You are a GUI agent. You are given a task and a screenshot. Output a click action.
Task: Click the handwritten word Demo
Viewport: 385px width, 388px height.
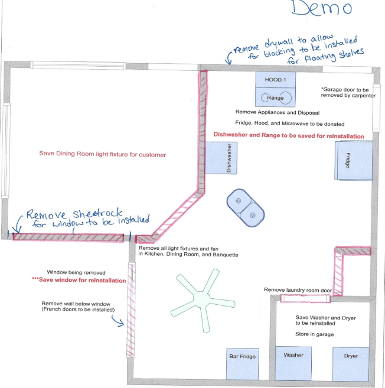(x=322, y=8)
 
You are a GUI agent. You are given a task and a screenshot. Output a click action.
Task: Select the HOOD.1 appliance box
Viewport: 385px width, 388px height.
(x=275, y=80)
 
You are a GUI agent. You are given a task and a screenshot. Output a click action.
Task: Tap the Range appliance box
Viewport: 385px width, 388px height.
(x=275, y=97)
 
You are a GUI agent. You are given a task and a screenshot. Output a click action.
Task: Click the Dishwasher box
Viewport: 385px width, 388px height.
(x=221, y=158)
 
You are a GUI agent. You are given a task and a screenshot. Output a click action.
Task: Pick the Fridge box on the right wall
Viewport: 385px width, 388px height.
(x=354, y=161)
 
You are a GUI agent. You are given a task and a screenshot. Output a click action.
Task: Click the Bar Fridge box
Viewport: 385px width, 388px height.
(x=243, y=364)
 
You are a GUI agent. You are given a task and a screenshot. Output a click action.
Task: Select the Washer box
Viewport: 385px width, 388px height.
(x=293, y=363)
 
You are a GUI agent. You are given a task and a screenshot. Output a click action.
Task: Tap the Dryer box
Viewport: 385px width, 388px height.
(x=351, y=364)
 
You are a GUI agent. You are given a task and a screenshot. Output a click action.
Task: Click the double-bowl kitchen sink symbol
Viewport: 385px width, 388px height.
(x=246, y=208)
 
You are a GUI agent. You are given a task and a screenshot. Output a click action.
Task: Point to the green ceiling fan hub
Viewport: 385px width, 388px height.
(x=201, y=299)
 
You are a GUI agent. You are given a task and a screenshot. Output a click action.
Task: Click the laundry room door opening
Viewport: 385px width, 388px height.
(x=305, y=299)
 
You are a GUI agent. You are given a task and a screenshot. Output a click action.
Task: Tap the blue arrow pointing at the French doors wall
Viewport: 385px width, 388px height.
(x=118, y=321)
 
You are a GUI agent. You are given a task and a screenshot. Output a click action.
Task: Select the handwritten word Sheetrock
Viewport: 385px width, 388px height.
(x=97, y=213)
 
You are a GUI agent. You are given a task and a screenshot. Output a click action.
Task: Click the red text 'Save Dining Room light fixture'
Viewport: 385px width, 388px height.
(x=102, y=154)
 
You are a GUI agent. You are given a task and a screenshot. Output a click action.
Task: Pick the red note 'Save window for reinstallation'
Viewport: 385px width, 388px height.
(x=79, y=280)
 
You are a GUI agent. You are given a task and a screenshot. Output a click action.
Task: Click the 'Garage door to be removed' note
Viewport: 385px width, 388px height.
(x=348, y=92)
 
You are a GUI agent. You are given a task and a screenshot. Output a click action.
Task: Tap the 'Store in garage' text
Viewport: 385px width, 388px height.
(x=315, y=334)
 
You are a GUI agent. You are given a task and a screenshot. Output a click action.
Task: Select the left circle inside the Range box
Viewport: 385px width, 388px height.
(x=265, y=97)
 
